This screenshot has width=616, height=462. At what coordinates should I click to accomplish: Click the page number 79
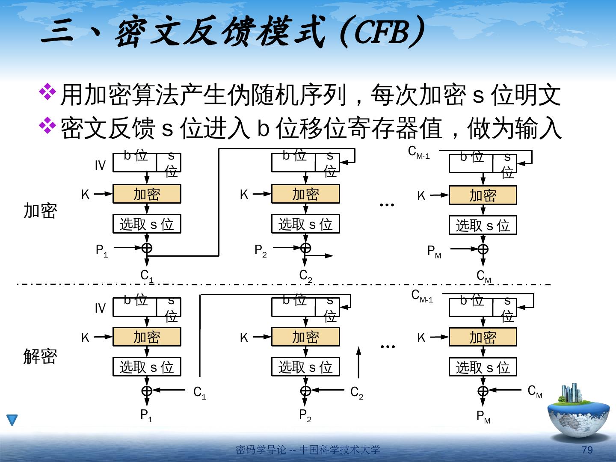(x=588, y=450)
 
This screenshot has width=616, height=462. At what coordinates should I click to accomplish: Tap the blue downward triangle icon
(x=12, y=420)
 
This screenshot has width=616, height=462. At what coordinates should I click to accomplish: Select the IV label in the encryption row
(x=100, y=166)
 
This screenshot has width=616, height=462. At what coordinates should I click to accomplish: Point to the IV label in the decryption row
(x=100, y=308)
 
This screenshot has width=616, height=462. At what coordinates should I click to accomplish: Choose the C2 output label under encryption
(x=305, y=276)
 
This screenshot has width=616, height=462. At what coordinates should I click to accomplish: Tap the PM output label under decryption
(x=483, y=416)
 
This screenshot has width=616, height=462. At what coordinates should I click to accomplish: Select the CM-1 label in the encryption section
(x=419, y=152)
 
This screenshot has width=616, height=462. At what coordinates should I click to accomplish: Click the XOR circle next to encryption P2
(x=305, y=248)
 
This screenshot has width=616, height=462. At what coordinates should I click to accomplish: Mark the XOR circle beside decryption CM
(x=483, y=391)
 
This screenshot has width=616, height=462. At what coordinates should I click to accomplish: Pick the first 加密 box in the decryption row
(x=147, y=337)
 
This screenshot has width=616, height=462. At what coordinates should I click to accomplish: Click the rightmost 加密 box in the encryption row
(x=483, y=195)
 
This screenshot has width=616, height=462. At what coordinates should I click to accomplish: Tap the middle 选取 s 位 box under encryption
(x=305, y=224)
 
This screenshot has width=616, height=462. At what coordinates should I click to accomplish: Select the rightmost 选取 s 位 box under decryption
(x=483, y=367)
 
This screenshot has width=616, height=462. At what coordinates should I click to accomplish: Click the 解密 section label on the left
(x=40, y=356)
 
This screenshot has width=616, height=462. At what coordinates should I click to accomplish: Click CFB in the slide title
(x=379, y=33)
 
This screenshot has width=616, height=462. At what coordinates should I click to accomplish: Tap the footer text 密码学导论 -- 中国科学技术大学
(x=308, y=450)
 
